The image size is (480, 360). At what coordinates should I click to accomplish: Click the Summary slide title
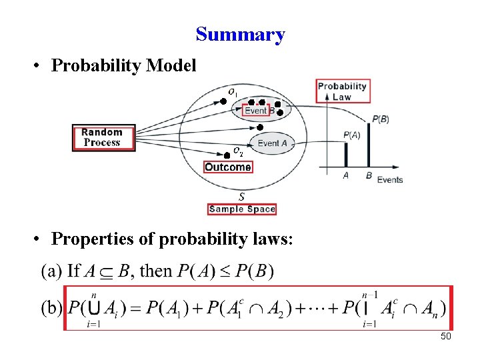(x=240, y=34)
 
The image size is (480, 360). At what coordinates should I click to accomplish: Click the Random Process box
(x=102, y=137)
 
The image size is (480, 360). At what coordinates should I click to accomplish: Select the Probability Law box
(x=343, y=91)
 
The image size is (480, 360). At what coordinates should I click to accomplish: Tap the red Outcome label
(x=228, y=167)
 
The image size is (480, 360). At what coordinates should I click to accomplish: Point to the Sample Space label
(x=241, y=209)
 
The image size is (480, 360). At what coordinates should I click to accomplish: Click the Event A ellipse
(x=271, y=143)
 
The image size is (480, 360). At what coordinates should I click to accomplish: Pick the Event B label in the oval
(x=259, y=111)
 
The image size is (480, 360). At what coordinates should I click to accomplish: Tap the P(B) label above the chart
(x=381, y=119)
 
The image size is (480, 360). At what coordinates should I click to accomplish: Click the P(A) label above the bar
(x=352, y=135)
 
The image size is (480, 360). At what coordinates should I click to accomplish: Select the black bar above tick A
(x=345, y=155)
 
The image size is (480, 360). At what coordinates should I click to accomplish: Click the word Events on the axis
(x=390, y=179)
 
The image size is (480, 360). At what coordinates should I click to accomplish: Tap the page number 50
(x=446, y=337)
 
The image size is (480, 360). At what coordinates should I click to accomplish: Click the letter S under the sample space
(x=241, y=197)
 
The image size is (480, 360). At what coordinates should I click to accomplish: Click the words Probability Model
(x=123, y=65)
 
